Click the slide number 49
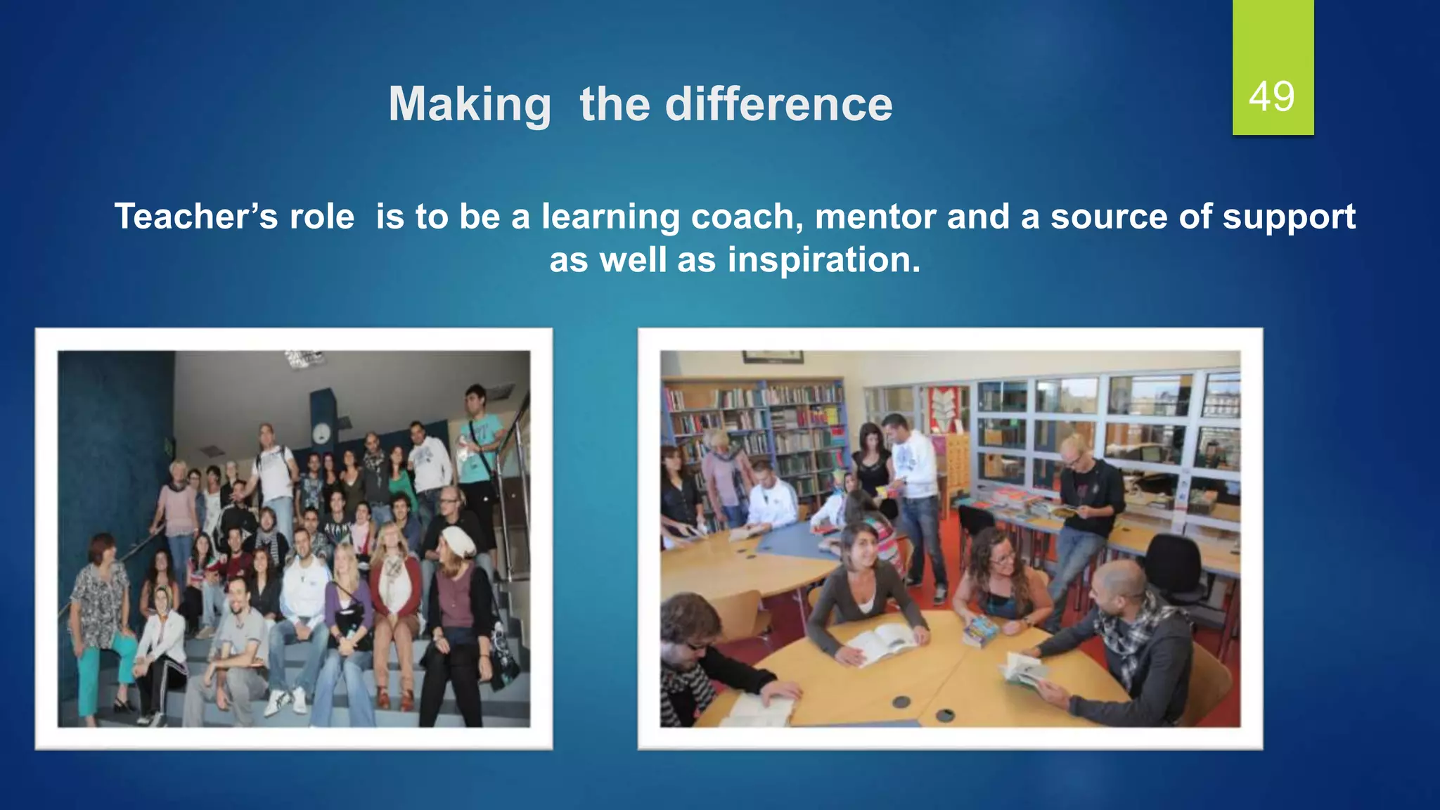coord(1271,97)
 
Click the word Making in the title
coord(470,104)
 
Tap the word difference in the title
coord(778,104)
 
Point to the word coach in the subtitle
coord(747,217)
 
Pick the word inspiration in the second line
coord(823,260)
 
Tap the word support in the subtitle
coord(1288,217)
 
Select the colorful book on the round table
coord(980,630)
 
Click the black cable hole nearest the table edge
coord(901,702)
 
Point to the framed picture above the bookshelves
coord(773,356)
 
